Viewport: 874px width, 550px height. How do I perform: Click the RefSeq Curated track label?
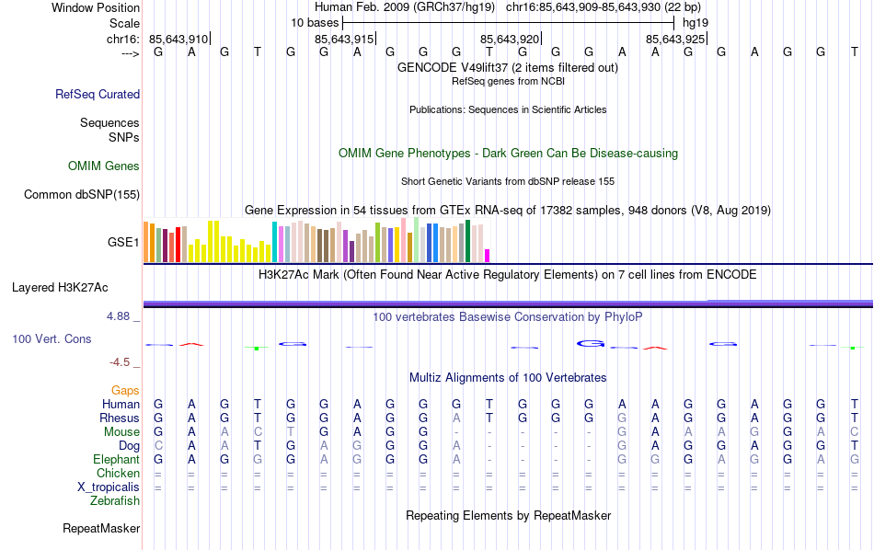(98, 94)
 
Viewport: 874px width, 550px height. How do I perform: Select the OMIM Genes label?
(104, 166)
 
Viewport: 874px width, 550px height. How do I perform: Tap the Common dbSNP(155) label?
(82, 194)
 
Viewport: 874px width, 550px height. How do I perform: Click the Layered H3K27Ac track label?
(60, 288)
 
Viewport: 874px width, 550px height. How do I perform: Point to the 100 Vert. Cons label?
(52, 339)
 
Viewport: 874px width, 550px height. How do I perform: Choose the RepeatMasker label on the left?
(101, 529)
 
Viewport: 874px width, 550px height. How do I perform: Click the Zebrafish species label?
(115, 501)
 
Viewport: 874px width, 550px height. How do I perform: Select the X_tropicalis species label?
(109, 487)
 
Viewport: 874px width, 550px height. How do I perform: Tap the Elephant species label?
(116, 459)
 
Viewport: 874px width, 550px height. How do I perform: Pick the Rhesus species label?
(120, 418)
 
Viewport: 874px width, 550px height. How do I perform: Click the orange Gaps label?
(125, 391)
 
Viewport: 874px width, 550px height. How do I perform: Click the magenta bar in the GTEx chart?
(488, 256)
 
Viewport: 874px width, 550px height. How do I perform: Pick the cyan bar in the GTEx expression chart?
(274, 242)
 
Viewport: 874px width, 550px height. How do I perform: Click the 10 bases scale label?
(315, 22)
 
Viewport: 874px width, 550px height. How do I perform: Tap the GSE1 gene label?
(123, 243)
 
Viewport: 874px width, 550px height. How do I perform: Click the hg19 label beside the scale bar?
(696, 22)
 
